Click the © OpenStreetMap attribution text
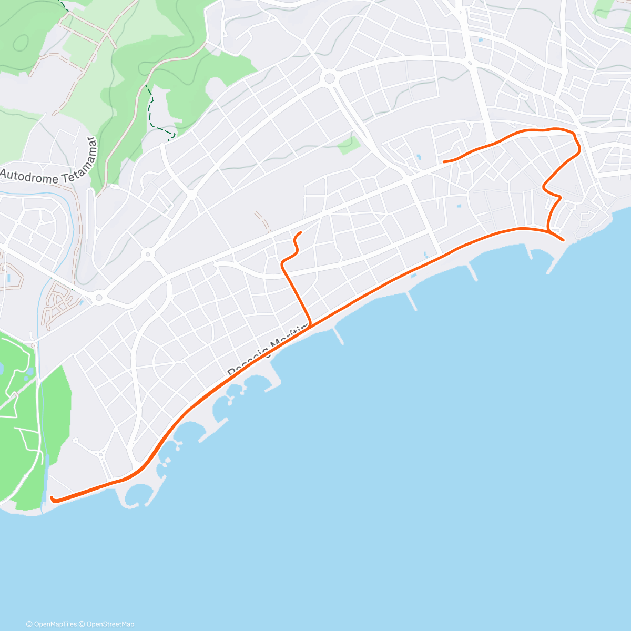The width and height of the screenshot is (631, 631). pos(108,624)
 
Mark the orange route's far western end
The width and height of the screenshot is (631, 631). pos(52,497)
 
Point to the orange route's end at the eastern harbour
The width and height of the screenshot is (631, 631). pos(563,240)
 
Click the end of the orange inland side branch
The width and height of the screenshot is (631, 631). pos(300,232)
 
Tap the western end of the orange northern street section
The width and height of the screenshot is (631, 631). pos(444,161)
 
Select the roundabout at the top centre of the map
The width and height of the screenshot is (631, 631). pos(330,78)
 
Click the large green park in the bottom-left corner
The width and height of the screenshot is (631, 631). pos(32,421)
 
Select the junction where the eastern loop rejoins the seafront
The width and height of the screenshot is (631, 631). pos(548,230)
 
